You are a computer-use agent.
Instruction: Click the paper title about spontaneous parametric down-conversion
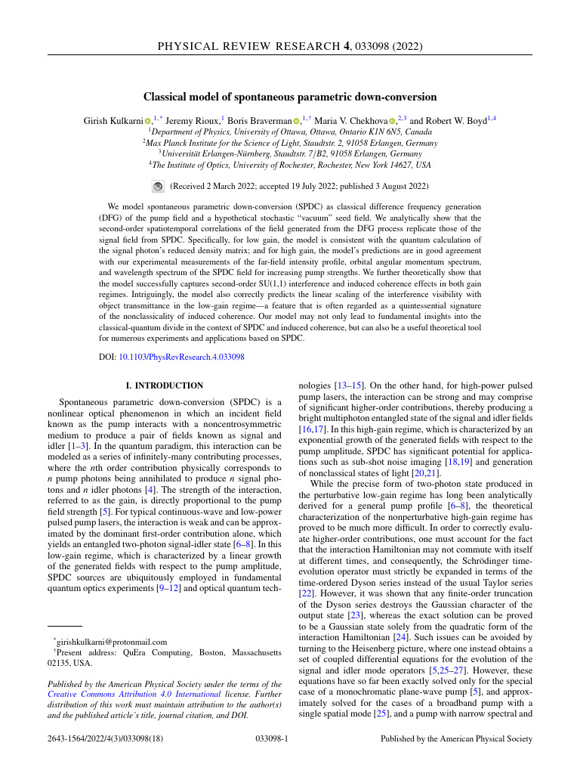point(290,97)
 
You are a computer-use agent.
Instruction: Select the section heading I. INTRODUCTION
point(164,385)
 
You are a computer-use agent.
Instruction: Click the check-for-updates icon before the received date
point(158,186)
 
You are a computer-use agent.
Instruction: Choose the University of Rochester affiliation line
point(290,165)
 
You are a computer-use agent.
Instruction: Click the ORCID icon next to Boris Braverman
point(297,120)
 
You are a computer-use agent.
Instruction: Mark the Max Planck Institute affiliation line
point(290,142)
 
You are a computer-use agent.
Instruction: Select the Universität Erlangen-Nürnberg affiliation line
point(290,153)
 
